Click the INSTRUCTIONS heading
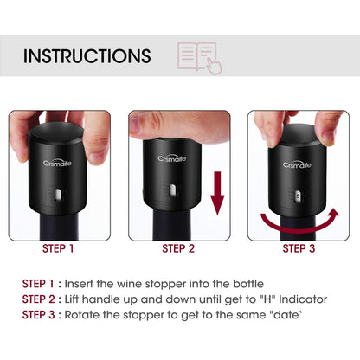pos(87,57)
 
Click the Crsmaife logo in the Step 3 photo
pos(297,164)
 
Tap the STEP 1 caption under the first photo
pos(59,249)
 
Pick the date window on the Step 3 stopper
pos(297,196)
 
